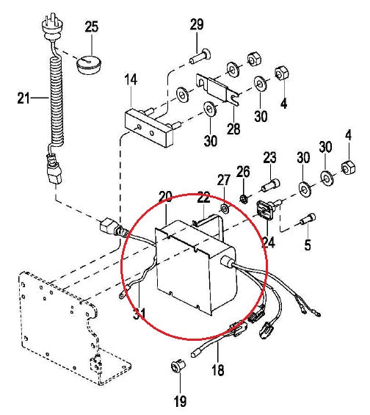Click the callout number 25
[92, 26]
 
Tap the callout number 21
[23, 98]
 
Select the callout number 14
[131, 79]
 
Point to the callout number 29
[197, 25]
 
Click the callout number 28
[233, 129]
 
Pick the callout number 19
[180, 401]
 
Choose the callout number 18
[218, 369]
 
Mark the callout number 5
[308, 245]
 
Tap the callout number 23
[269, 158]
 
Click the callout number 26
[243, 172]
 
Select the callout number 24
[269, 242]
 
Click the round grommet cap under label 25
[89, 65]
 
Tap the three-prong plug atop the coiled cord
[49, 26]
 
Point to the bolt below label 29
[200, 57]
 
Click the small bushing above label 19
[178, 366]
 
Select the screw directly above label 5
[308, 219]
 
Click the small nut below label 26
[244, 198]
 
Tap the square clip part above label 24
[266, 209]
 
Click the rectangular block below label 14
[150, 128]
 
